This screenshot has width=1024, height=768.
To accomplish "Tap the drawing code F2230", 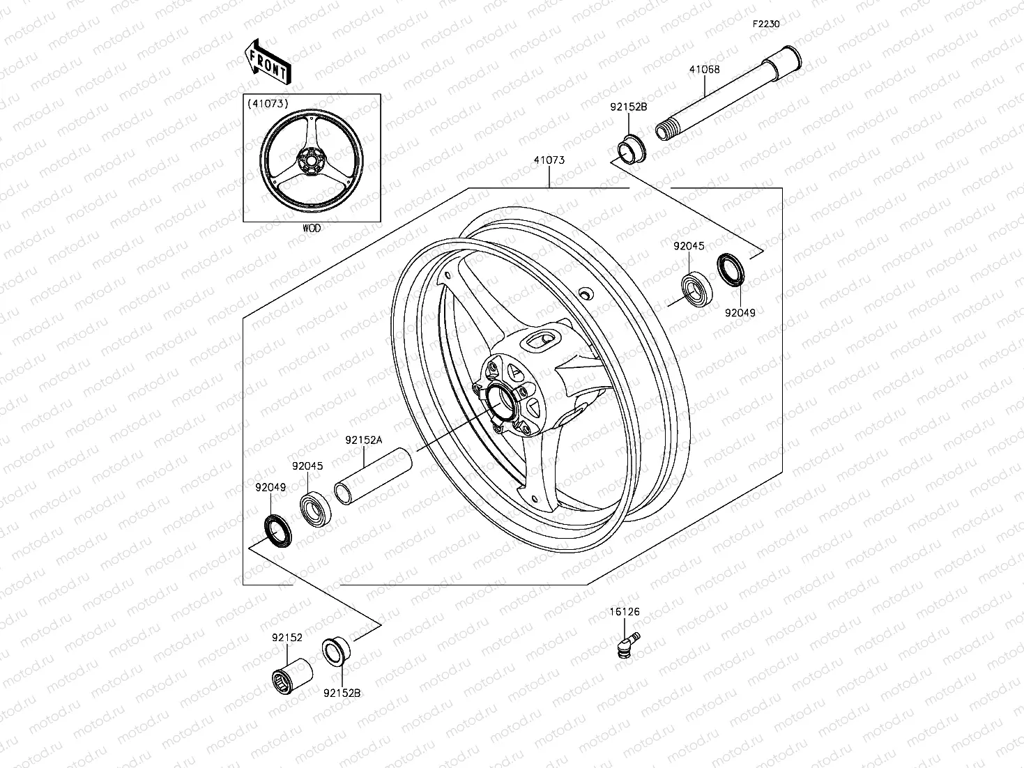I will coord(765,24).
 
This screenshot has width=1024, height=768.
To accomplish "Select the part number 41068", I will coord(704,70).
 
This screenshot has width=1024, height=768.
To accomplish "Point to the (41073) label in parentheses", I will coord(267,104).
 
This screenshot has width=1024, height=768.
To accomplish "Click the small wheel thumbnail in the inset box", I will coord(311,160).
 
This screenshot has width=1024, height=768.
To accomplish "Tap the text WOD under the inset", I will coord(312,228).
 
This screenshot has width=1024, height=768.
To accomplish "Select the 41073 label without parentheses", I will coord(549,160).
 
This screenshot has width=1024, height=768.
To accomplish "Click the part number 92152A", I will coord(364,440).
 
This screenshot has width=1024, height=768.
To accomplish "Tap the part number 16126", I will coord(625,612).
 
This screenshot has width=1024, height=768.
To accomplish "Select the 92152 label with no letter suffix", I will coord(286,637).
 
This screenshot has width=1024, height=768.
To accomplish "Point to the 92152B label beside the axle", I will coord(629,107).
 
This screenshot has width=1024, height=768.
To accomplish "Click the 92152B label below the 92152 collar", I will coord(342,693).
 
